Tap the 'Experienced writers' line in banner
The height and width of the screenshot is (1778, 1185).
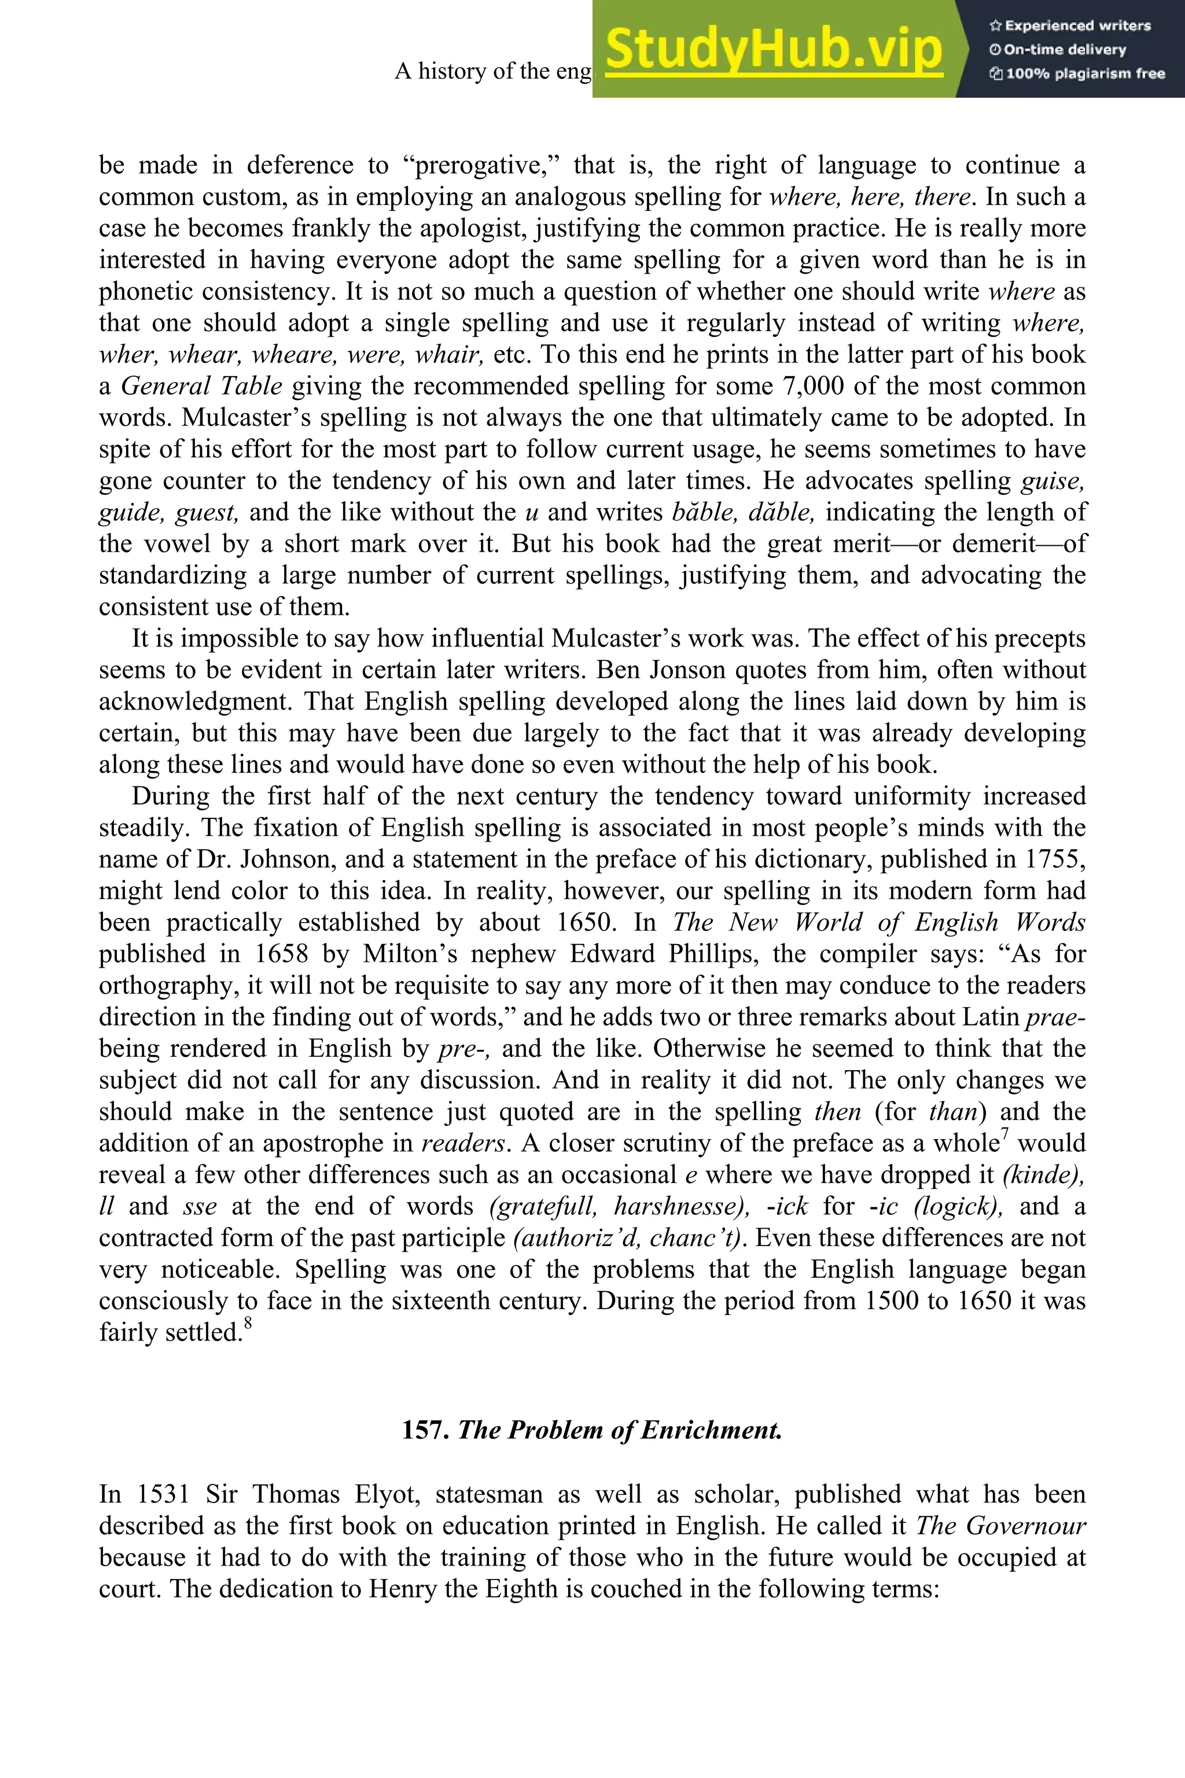(1069, 25)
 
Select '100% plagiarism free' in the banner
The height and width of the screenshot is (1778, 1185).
(1077, 74)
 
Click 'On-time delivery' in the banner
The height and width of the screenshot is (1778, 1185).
(1058, 50)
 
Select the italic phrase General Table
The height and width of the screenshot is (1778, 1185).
(202, 386)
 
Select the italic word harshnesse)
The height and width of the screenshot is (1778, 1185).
(682, 1207)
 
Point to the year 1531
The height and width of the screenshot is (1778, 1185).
(163, 1494)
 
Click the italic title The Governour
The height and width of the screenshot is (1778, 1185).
(1000, 1526)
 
